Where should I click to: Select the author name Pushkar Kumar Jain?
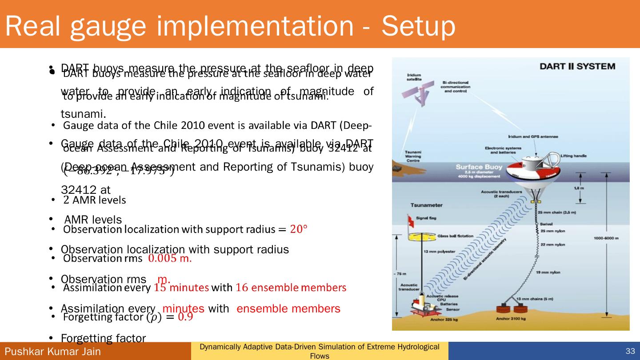click(x=53, y=352)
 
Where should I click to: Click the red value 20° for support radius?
click(x=299, y=229)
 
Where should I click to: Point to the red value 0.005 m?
click(x=170, y=258)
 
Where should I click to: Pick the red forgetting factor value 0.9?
click(x=185, y=317)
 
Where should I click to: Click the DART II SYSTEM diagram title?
click(x=577, y=66)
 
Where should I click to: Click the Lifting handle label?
click(x=573, y=156)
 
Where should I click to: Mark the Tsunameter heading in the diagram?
click(x=426, y=205)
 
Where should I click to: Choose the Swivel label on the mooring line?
click(x=546, y=224)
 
